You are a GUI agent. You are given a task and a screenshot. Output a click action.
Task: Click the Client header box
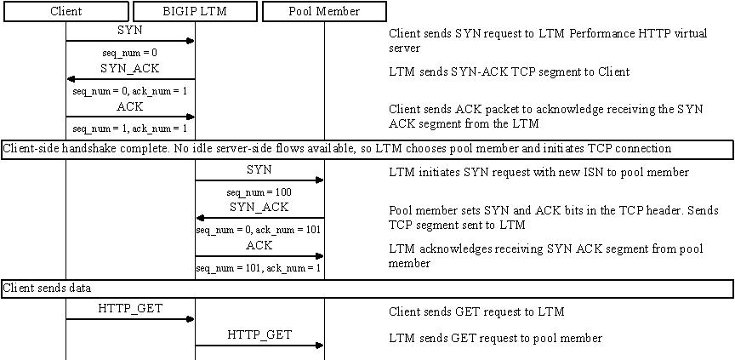tap(66, 11)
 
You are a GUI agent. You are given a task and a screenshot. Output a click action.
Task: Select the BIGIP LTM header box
tap(195, 11)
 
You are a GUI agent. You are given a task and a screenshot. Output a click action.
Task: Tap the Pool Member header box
tap(324, 11)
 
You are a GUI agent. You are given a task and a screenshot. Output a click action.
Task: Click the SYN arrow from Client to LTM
tap(130, 40)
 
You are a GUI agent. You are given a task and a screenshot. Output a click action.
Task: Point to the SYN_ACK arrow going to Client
tap(130, 79)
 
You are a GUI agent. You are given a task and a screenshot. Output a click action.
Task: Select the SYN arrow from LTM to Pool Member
tap(259, 180)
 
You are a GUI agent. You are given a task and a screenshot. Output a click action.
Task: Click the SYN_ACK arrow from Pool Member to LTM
tap(259, 218)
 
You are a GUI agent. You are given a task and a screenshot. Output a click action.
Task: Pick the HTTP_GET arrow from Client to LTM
tap(130, 319)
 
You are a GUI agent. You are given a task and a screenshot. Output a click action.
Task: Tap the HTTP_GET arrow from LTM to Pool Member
tap(259, 346)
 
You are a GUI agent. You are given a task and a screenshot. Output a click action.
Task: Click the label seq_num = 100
tap(259, 192)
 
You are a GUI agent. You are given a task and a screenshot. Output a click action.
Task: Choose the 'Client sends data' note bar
tap(367, 289)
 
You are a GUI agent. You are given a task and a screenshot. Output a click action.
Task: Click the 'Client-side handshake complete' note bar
tap(367, 149)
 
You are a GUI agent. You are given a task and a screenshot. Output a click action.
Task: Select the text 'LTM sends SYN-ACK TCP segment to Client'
tap(509, 72)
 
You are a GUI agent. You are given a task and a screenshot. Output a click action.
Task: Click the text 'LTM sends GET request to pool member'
tap(495, 339)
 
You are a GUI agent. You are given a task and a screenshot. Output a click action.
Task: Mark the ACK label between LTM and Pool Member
tap(259, 245)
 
